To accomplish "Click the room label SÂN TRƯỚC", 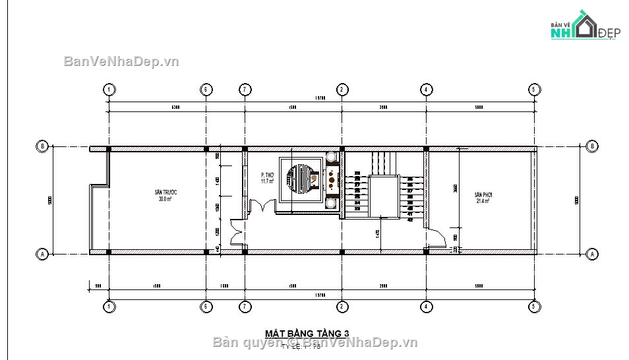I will tap(165, 192).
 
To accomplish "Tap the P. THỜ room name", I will tap(267, 175).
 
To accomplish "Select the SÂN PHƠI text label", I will tap(483, 196).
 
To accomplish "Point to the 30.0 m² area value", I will tap(165, 198).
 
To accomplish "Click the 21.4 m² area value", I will tap(483, 202).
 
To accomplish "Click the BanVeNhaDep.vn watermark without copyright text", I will tap(121, 61).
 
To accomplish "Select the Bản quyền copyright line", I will tap(316, 342).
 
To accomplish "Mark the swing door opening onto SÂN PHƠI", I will tap(433, 237).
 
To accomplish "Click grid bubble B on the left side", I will tap(43, 146).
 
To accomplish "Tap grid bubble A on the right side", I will tap(591, 254).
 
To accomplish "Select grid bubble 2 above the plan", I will tap(342, 90).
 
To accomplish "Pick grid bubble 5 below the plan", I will tap(533, 307).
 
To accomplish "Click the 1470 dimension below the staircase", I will tap(377, 233).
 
